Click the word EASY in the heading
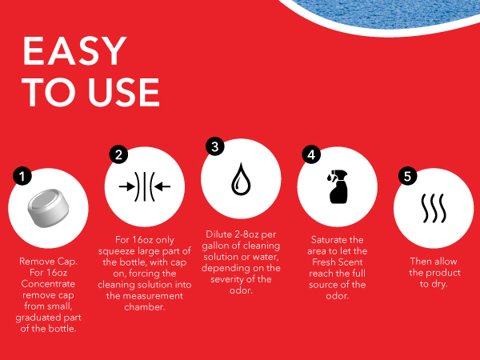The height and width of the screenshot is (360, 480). (74, 51)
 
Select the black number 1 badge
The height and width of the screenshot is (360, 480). (22, 176)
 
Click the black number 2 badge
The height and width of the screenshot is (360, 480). (118, 154)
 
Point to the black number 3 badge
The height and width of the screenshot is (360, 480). (215, 146)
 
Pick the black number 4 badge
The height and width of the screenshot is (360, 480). (311, 154)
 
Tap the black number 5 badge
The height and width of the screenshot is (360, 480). (407, 176)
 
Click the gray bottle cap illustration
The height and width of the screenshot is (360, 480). (48, 208)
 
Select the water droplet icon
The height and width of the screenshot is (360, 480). (241, 179)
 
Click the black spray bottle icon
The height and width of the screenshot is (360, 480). (338, 186)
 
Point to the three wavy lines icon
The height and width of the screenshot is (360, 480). (434, 208)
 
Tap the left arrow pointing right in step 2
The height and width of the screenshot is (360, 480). (127, 186)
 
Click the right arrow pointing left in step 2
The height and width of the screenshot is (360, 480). (162, 186)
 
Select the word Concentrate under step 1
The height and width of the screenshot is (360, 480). (48, 284)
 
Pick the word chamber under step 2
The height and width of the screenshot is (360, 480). (145, 307)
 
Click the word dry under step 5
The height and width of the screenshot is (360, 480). (439, 284)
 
